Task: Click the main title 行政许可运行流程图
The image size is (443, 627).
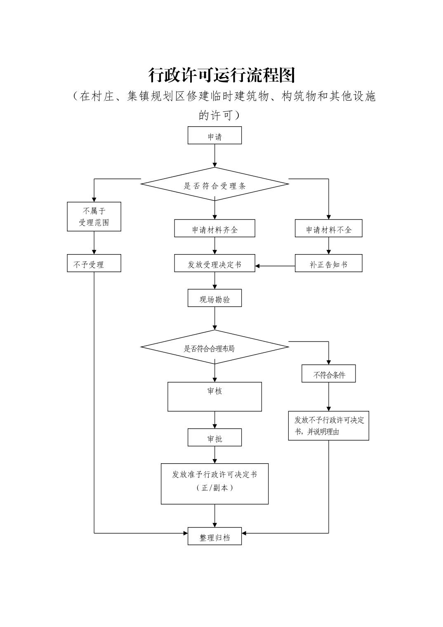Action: pyautogui.click(x=221, y=75)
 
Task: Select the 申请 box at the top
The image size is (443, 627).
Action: pyautogui.click(x=214, y=135)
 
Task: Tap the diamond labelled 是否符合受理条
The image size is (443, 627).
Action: pyautogui.click(x=214, y=184)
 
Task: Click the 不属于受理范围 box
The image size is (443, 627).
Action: pyautogui.click(x=94, y=217)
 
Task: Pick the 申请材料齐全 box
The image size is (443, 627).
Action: pyautogui.click(x=214, y=228)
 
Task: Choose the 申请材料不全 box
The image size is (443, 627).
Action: pyautogui.click(x=328, y=228)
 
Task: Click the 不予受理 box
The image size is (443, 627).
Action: pyautogui.click(x=94, y=263)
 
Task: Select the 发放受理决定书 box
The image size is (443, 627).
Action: pyautogui.click(x=214, y=263)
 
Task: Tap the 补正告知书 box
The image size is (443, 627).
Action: pyautogui.click(x=328, y=263)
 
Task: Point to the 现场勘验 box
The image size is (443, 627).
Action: pyautogui.click(x=214, y=298)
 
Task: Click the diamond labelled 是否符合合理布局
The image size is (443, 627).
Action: pyautogui.click(x=214, y=347)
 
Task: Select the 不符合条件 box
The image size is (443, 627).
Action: pyautogui.click(x=328, y=373)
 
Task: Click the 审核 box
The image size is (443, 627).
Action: pyautogui.click(x=214, y=396)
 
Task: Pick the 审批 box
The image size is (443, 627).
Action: pyautogui.click(x=214, y=437)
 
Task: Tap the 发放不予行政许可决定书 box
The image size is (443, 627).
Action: pyautogui.click(x=328, y=426)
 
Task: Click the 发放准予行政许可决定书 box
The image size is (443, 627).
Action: pyautogui.click(x=214, y=483)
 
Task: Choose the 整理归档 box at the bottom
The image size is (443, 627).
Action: pyautogui.click(x=214, y=536)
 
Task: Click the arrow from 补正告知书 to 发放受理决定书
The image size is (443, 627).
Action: pyautogui.click(x=275, y=266)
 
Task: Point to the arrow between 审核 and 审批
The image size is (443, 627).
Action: pyautogui.click(x=214, y=420)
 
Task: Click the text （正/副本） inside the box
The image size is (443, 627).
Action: pyautogui.click(x=214, y=488)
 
